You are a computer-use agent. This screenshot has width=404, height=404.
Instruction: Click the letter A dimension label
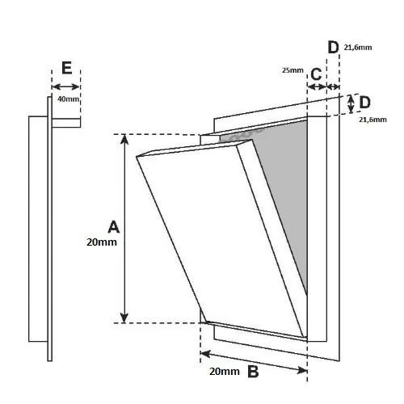113,227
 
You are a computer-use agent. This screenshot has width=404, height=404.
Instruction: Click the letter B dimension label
253,372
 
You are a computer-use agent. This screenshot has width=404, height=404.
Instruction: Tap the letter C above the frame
316,74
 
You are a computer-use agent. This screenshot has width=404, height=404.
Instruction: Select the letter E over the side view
66,68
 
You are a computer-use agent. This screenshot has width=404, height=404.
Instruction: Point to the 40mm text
69,99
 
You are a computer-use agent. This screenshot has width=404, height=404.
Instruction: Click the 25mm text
292,70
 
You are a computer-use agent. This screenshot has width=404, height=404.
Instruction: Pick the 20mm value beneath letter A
102,242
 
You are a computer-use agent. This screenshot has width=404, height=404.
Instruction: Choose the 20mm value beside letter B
225,372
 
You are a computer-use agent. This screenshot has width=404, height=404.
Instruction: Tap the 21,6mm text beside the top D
358,48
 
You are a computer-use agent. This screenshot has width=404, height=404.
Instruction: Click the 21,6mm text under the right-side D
372,120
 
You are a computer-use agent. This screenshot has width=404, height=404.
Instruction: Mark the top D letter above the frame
333,48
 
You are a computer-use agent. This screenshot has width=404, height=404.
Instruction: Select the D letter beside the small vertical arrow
364,103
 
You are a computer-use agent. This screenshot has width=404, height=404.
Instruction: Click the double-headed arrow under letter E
65,86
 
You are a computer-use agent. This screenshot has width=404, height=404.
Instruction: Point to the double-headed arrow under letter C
317,86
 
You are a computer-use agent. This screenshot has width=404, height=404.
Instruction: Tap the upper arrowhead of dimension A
124,139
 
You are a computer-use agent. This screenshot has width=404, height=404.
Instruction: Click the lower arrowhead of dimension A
124,318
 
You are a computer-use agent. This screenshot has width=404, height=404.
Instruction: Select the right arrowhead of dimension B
302,370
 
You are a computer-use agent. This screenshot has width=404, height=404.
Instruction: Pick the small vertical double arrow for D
351,104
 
